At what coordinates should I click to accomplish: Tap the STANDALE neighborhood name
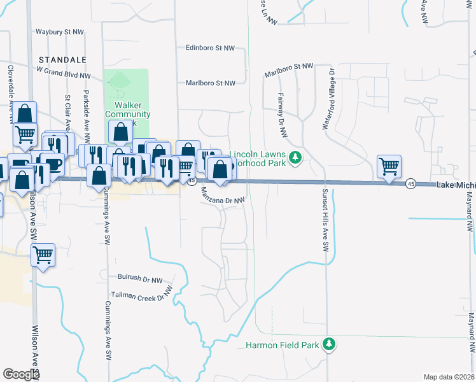coord(62,59)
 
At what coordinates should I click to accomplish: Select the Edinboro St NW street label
coord(210,47)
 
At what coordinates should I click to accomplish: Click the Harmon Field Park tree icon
coord(329,344)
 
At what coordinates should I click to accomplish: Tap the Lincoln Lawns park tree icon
coord(295,157)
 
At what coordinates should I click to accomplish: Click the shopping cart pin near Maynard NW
coord(389,166)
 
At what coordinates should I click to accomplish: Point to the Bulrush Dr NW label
coord(140,278)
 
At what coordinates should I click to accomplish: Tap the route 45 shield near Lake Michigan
coord(410,183)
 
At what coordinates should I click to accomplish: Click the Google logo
coord(21,374)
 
